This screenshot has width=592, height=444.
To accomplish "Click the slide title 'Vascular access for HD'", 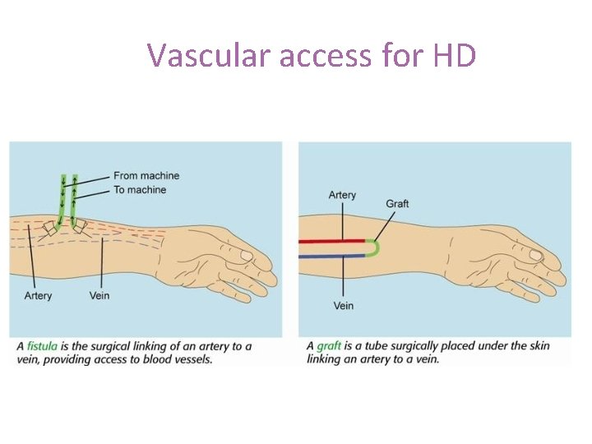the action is point(312,55).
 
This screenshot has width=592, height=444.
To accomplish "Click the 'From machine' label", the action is point(146,175).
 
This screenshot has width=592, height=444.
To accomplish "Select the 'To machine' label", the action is point(140,190).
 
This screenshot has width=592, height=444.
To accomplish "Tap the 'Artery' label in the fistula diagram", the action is point(38,296).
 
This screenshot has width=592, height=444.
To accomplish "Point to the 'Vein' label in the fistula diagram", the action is point(99,296).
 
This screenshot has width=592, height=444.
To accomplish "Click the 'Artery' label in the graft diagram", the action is point(342,195).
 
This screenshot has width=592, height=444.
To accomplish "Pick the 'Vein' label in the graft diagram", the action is point(344,306).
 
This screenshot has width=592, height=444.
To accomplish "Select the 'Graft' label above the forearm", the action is point(397,204).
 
